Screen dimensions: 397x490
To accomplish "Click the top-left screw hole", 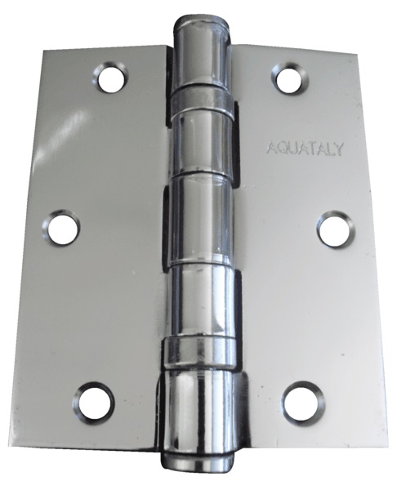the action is coord(110,78).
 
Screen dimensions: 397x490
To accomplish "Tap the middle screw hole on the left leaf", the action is coord(61,226).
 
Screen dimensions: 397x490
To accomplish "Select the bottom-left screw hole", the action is coord(94,401).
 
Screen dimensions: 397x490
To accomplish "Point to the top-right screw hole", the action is coord(292,78).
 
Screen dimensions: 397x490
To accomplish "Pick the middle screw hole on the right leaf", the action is coord(336,228).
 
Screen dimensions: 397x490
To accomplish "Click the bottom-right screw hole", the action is coord(304,401).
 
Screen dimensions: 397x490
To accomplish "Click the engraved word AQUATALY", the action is coord(305,149).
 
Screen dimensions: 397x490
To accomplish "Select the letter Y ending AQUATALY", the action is coord(338,149).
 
